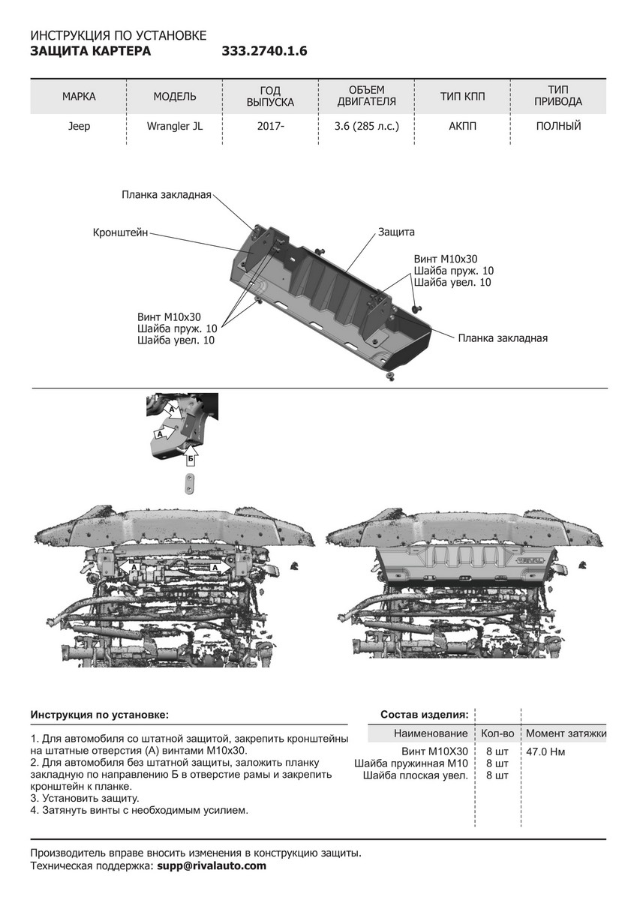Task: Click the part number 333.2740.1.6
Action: coord(265,52)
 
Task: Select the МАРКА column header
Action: coord(79,97)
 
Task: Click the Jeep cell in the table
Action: coord(79,126)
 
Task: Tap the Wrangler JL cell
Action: coord(174,126)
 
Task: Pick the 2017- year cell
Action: coord(270,126)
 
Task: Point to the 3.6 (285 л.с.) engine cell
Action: coord(366,126)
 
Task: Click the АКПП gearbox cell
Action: coord(463,126)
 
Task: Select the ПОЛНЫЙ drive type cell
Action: coord(558,126)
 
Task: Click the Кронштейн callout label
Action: coord(121,232)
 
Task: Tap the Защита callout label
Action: coord(396,232)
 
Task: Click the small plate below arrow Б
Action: coord(191,484)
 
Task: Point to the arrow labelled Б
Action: coord(191,457)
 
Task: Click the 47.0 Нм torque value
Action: coord(545,751)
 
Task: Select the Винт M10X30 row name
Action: coord(434,751)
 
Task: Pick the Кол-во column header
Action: coord(497,733)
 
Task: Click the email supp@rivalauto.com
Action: coord(212,865)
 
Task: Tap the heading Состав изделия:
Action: coord(425,714)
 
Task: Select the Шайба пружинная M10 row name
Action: coord(411,763)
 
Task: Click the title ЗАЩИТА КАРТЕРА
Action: coord(90,52)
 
